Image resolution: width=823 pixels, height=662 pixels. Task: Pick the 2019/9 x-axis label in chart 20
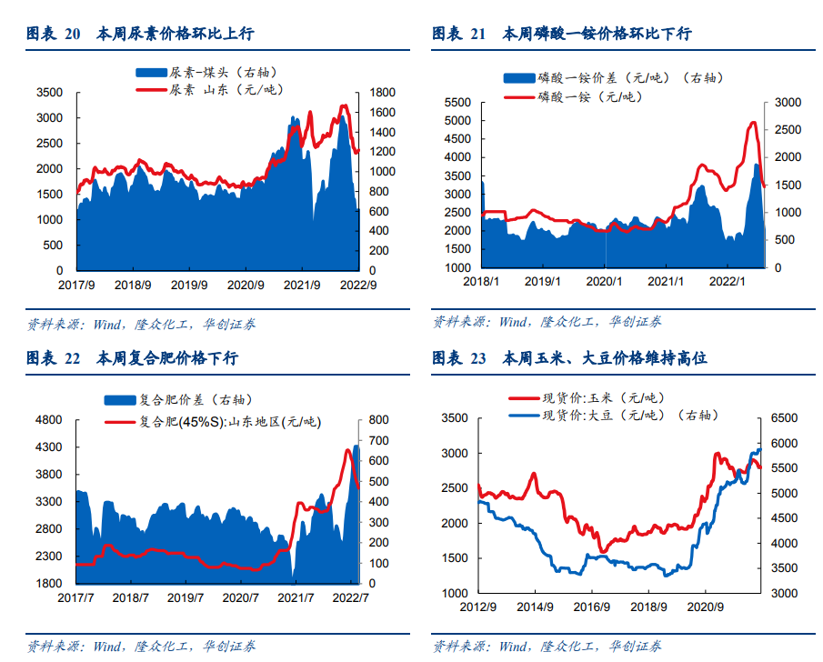191,285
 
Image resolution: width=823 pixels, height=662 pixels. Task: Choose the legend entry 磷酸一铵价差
618,79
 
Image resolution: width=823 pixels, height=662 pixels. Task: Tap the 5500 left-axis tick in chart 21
457,102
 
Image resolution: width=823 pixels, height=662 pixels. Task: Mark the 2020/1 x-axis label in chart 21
602,282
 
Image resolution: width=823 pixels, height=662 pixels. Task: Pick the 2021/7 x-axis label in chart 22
295,597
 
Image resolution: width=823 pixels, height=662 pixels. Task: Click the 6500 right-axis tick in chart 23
784,418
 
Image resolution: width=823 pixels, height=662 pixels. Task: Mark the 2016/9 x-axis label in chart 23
592,607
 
